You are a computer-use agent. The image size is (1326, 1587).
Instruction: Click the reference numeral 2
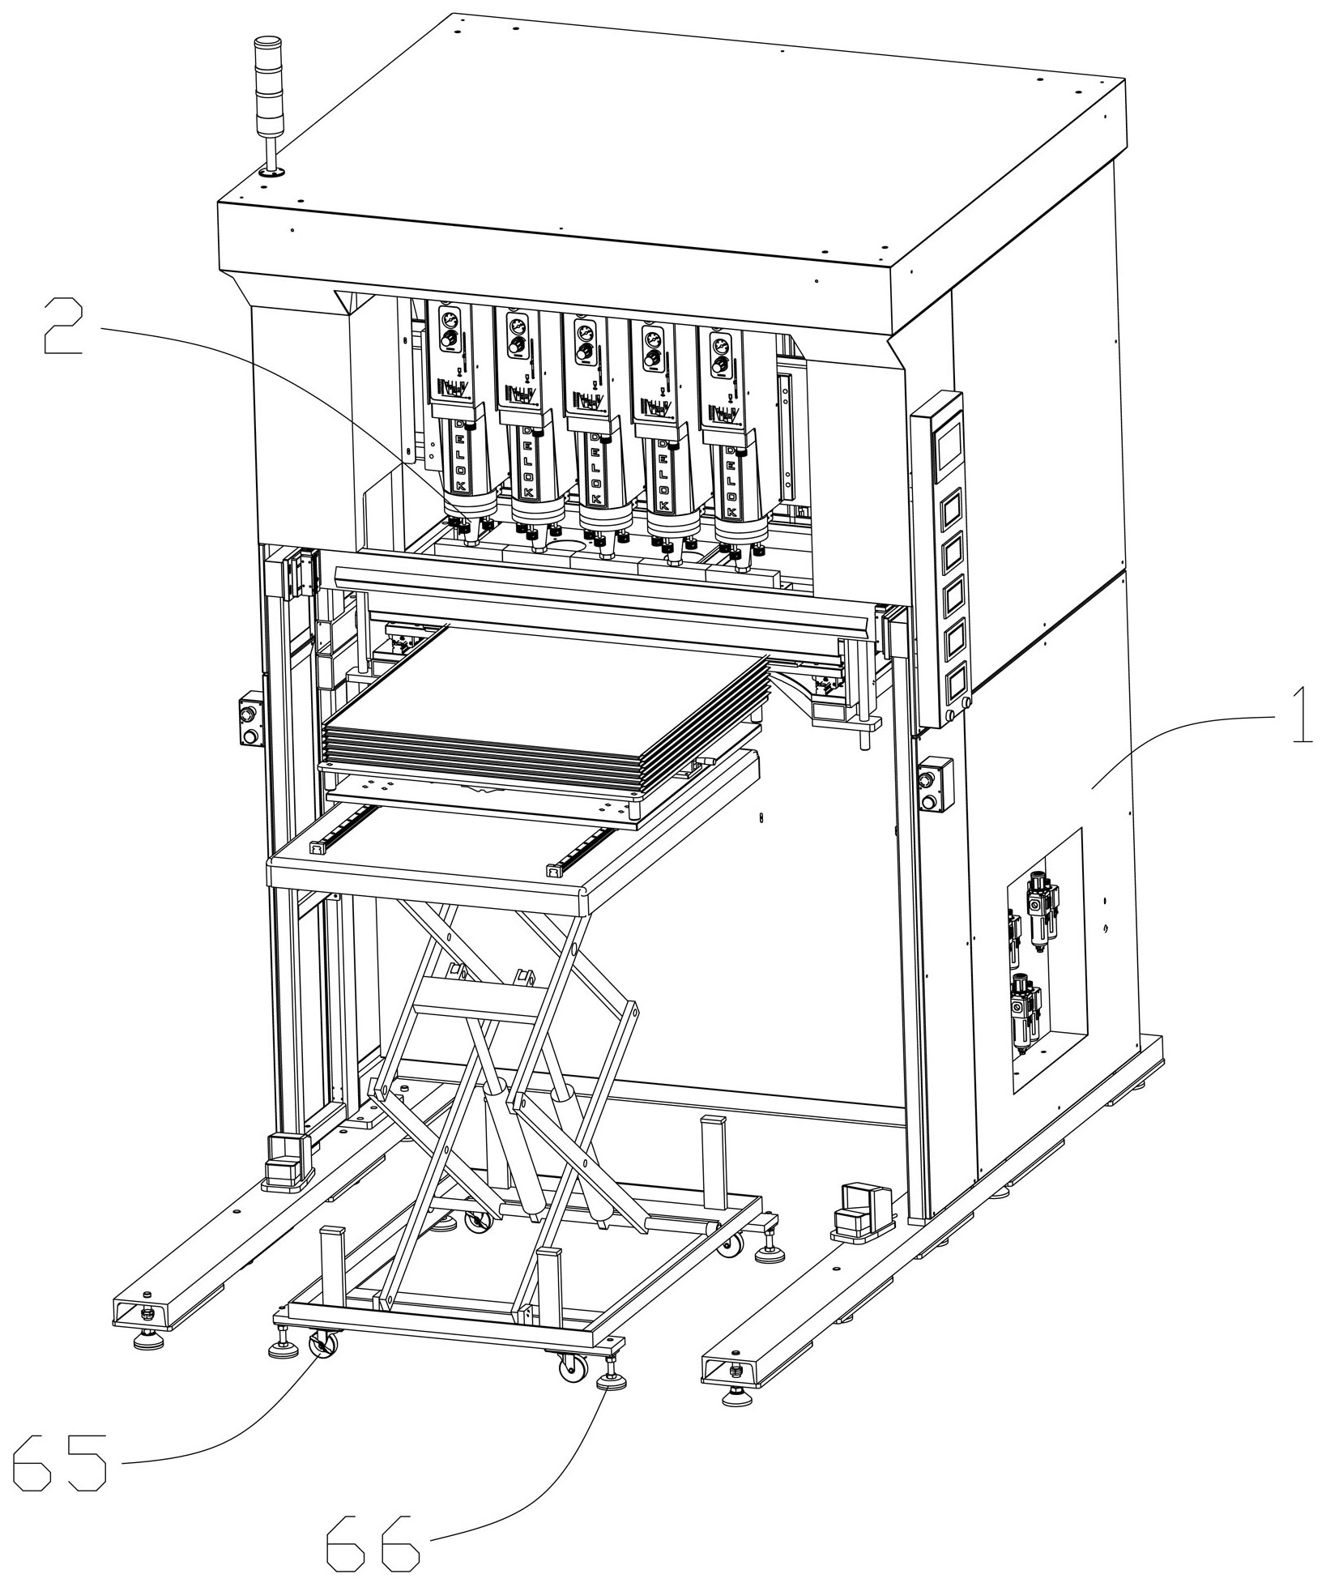pos(62,326)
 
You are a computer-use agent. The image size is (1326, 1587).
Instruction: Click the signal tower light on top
pos(266,105)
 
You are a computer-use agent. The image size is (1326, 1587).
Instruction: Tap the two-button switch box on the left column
pos(249,718)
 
